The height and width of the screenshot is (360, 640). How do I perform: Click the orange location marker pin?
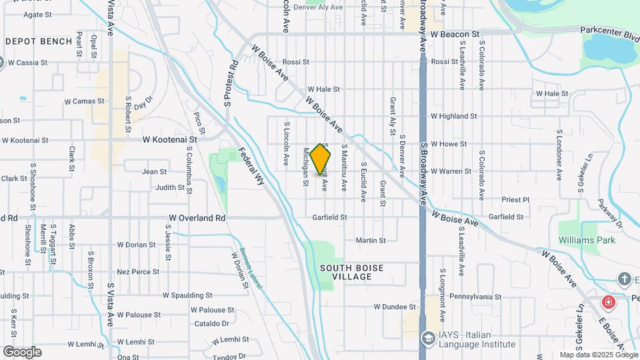tap(321, 160)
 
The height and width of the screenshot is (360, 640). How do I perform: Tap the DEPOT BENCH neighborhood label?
tap(39, 41)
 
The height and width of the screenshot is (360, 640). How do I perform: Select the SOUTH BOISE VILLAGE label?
tap(351, 273)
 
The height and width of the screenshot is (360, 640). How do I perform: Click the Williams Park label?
tap(587, 240)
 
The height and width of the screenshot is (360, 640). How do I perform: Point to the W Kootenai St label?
tap(170, 140)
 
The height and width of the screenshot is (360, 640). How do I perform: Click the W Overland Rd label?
tap(197, 218)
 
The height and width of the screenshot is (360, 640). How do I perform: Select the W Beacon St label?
tap(455, 33)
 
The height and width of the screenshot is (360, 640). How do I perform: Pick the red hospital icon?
tap(608, 303)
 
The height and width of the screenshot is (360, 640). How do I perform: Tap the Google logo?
tap(21, 351)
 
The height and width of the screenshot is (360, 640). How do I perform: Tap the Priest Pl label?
tap(517, 199)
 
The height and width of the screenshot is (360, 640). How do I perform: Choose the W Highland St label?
tap(453, 116)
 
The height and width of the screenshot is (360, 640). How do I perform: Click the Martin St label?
tap(371, 240)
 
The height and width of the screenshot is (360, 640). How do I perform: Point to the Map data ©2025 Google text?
tap(597, 355)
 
